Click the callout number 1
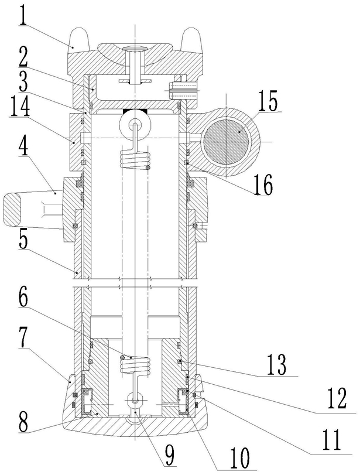[x=23, y=14]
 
